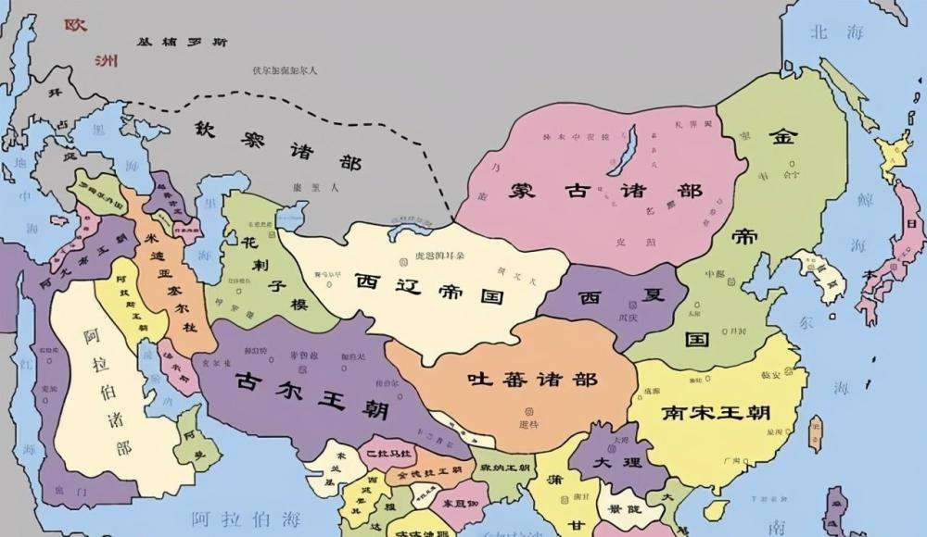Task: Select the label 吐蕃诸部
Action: tap(533, 379)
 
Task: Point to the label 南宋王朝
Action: tap(718, 413)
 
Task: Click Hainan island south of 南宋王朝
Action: tap(715, 510)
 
